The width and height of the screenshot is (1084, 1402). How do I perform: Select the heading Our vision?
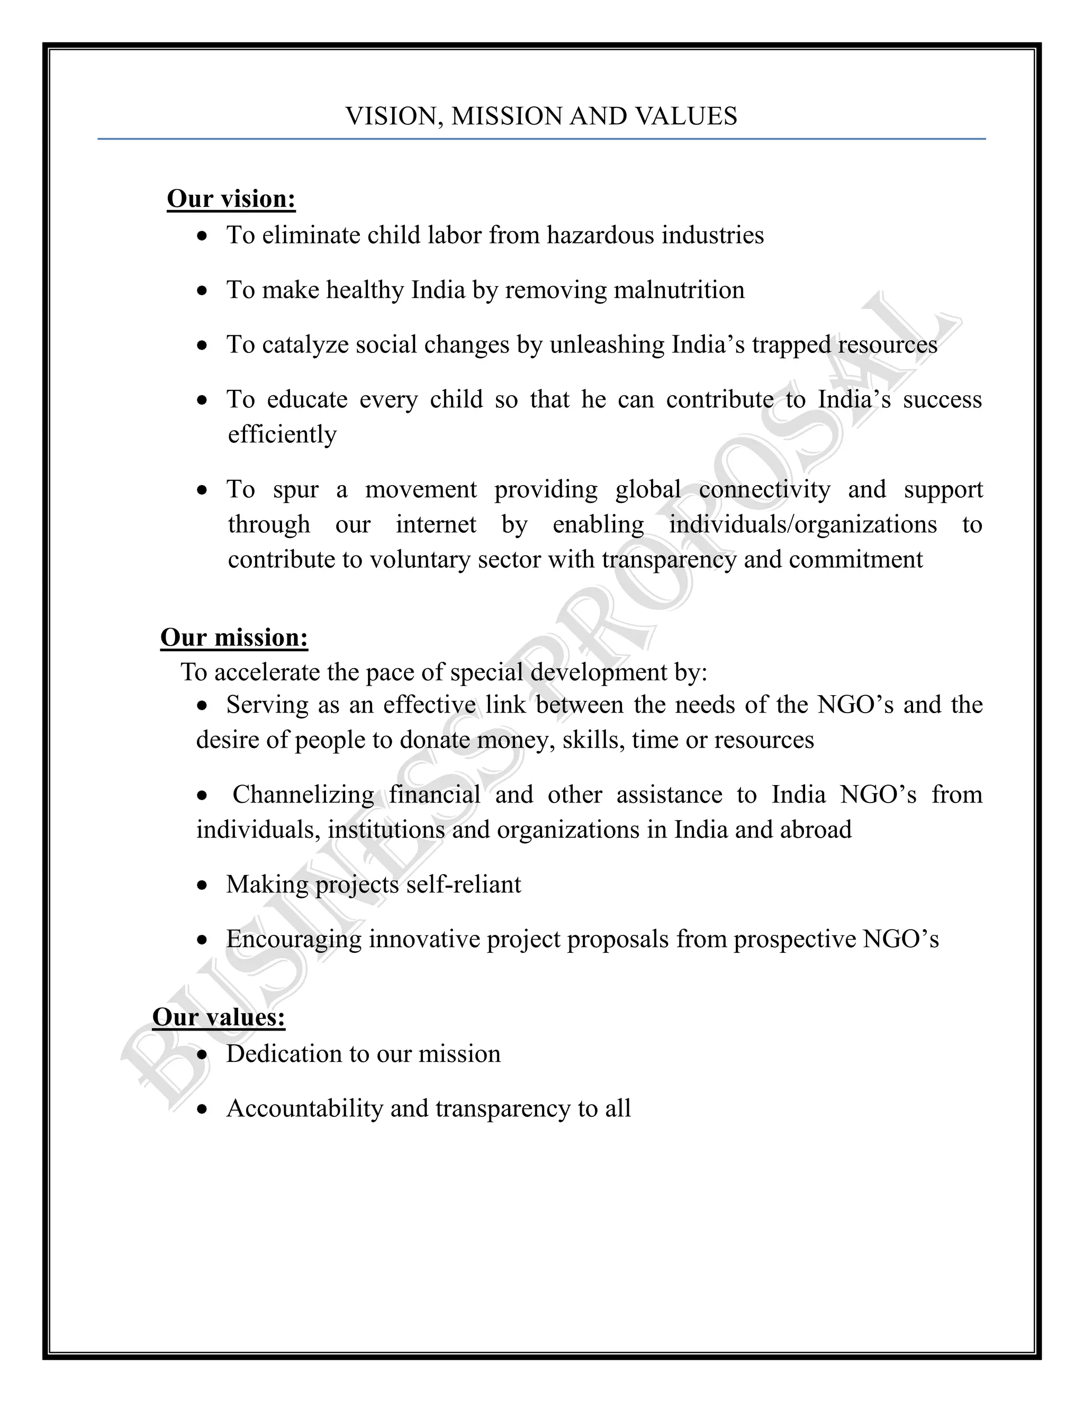pyautogui.click(x=231, y=199)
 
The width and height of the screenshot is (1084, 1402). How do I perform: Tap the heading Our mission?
pyautogui.click(x=234, y=638)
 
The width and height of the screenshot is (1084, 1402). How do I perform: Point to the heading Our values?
pyautogui.click(x=219, y=1017)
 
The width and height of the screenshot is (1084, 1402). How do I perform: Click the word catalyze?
pyautogui.click(x=304, y=345)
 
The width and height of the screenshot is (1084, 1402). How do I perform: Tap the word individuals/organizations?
pyautogui.click(x=803, y=524)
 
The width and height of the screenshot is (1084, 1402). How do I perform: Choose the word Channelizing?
pyautogui.click(x=303, y=795)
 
